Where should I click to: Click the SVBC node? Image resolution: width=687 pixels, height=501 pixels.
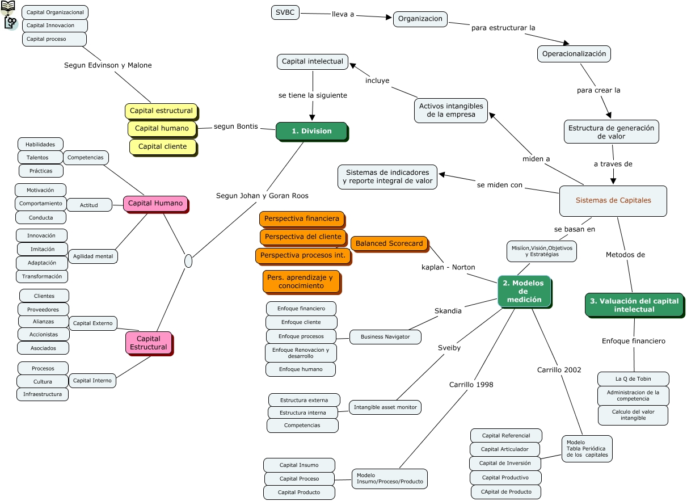coord(285,12)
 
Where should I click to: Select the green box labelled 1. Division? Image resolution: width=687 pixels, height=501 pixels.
coord(311,131)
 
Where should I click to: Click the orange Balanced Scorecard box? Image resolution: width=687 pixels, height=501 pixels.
coord(389,243)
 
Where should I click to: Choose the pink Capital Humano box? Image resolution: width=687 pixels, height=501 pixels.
coord(155,203)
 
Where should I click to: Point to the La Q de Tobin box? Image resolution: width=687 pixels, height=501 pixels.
coord(633,378)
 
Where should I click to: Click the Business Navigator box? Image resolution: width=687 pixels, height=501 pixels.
coord(385,337)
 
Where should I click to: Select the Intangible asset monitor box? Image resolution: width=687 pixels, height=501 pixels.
coord(385,407)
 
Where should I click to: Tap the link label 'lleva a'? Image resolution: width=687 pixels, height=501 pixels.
coord(343,14)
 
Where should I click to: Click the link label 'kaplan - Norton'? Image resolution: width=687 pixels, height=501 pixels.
coord(448,267)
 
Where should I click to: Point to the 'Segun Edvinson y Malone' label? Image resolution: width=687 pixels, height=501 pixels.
coord(108,65)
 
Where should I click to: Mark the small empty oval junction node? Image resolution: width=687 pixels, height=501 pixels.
coord(188,262)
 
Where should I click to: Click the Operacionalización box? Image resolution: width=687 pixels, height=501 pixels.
coord(574,54)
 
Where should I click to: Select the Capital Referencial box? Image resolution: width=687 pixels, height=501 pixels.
coord(506,436)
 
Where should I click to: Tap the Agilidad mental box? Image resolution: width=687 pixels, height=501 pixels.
coord(93,256)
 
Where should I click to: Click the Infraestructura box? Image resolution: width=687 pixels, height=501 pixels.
coord(43,394)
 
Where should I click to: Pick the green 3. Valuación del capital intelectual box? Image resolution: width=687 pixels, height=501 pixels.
coord(634,305)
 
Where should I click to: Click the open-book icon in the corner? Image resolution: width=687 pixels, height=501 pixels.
coord(8,7)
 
